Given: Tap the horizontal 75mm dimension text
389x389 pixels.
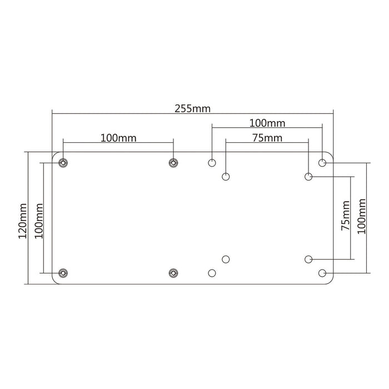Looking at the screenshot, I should [267, 137].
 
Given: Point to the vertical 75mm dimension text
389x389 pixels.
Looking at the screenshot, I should [346, 217].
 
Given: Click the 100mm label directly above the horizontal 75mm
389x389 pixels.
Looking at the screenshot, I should [267, 122].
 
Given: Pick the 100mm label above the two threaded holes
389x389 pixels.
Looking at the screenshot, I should [119, 137].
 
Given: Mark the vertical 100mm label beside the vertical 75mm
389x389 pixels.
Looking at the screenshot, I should [362, 217].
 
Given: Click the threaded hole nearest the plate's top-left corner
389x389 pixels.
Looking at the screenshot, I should [63, 163].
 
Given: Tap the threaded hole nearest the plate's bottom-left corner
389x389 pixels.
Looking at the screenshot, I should [63, 273].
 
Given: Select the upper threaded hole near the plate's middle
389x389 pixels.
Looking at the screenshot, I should [173, 163].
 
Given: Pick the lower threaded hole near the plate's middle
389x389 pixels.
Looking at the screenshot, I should [173, 273].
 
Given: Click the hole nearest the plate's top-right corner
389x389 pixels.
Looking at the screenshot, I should [322, 163].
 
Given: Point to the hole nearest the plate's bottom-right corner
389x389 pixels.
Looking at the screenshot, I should [322, 273].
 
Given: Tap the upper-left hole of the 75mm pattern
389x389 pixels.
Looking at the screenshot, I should [226, 177].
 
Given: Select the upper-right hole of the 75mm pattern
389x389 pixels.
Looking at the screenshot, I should [308, 177].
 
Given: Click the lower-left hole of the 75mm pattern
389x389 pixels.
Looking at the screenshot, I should [226, 259].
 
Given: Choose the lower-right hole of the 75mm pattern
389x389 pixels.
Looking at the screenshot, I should [308, 259].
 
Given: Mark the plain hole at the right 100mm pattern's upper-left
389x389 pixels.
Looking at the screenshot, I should [212, 163].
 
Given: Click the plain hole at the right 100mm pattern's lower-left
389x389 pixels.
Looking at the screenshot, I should [212, 273].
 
